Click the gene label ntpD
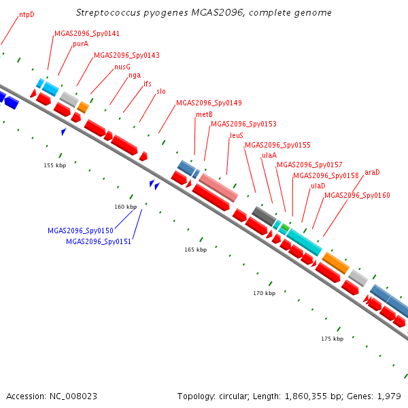tap(27, 14)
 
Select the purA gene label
tap(81, 44)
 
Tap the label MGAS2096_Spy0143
tap(126, 55)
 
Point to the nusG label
tap(122, 67)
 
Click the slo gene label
tap(161, 91)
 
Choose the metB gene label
tap(204, 114)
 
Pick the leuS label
tap(237, 135)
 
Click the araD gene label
tap(372, 172)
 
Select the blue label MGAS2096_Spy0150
tap(81, 231)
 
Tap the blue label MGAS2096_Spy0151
tap(99, 241)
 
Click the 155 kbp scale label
tap(55, 165)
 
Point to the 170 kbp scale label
tap(265, 293)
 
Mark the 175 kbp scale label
tap(333, 339)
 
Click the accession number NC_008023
tap(73, 396)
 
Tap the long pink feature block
tap(218, 188)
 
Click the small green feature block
tap(286, 227)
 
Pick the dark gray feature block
tap(264, 216)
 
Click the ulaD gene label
tap(318, 186)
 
